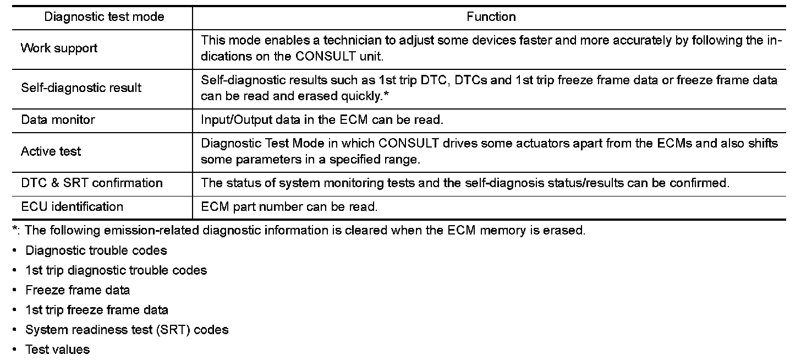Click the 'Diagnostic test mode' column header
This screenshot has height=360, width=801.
pyautogui.click(x=104, y=17)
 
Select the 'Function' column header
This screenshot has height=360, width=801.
pyautogui.click(x=491, y=17)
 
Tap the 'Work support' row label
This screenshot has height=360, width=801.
pyautogui.click(x=59, y=48)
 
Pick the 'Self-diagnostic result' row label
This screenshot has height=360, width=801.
pyautogui.click(x=81, y=88)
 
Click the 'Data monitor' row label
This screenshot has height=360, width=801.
pyautogui.click(x=58, y=119)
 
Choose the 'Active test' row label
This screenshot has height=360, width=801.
pyautogui.click(x=51, y=151)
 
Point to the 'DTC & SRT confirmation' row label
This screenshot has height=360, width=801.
pyautogui.click(x=91, y=183)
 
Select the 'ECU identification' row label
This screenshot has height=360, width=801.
pyautogui.click(x=72, y=207)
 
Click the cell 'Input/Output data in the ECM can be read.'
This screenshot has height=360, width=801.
pyautogui.click(x=322, y=119)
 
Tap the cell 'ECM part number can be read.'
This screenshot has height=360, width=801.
pyautogui.click(x=289, y=207)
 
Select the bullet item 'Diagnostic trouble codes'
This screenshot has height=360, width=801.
pyautogui.click(x=96, y=250)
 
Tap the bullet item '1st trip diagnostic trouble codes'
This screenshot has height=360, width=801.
pyautogui.click(x=116, y=270)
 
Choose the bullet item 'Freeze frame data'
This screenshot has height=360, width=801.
pyautogui.click(x=78, y=290)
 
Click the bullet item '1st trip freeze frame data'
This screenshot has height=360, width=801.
pyautogui.click(x=97, y=310)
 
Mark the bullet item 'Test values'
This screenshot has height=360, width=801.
pyautogui.click(x=57, y=350)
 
